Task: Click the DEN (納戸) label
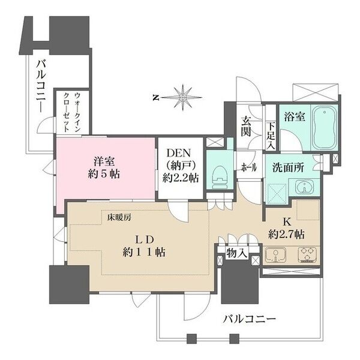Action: click(179, 166)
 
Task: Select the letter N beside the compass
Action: click(155, 97)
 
